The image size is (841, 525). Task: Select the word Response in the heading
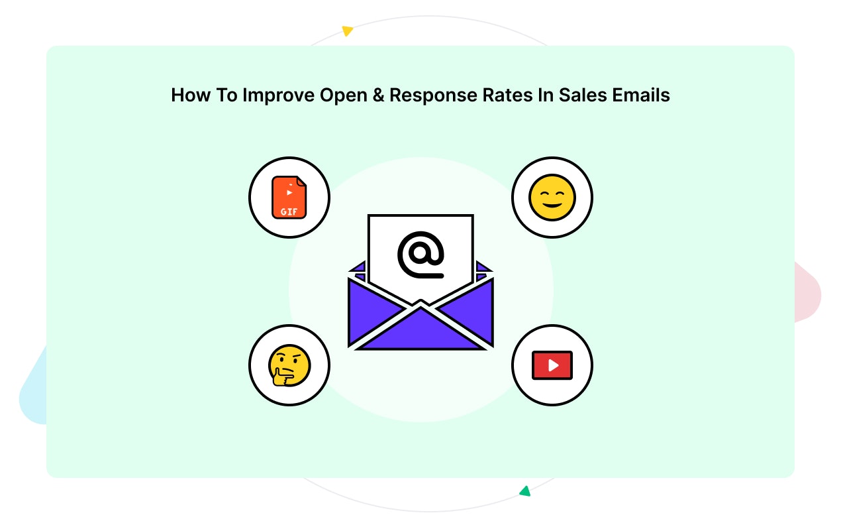pos(430,95)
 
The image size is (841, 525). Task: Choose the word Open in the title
pos(343,95)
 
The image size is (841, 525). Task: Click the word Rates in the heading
pos(503,95)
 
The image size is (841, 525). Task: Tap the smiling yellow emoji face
pos(552,198)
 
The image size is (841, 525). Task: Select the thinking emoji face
pos(289,365)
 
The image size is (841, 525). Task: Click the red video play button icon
pos(552,365)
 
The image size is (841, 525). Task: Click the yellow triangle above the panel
pos(347,30)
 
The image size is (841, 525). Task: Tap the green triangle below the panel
pos(525,491)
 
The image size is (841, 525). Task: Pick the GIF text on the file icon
pos(289,211)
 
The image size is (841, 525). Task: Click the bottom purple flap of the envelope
pos(420,331)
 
